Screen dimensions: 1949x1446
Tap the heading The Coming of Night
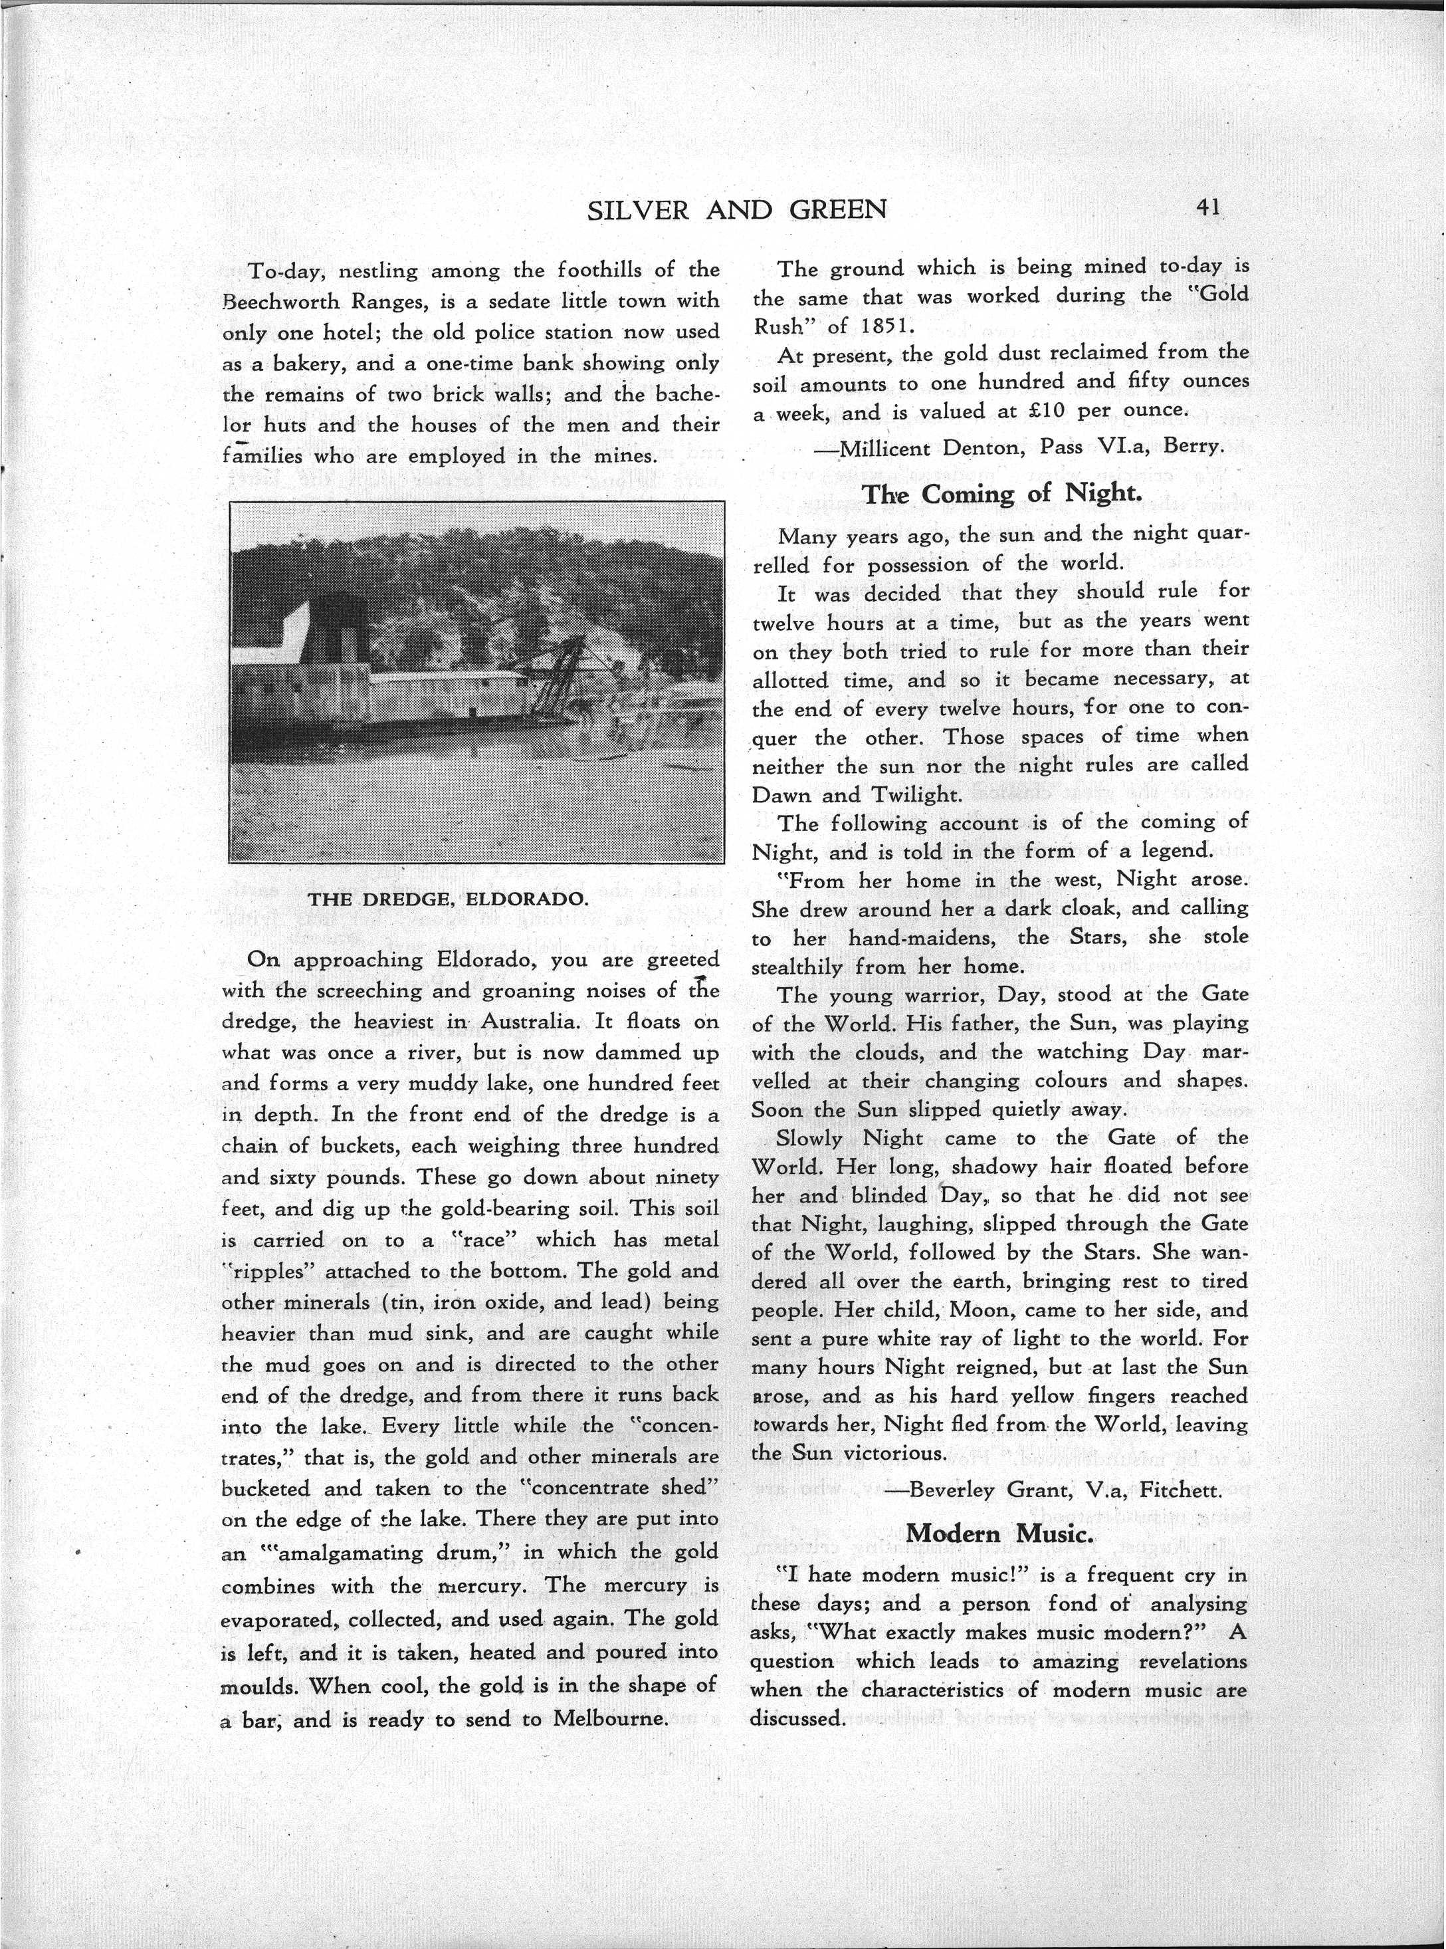(x=1001, y=495)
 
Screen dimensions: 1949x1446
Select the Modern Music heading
(x=998, y=1532)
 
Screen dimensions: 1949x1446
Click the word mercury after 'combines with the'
(x=482, y=1585)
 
